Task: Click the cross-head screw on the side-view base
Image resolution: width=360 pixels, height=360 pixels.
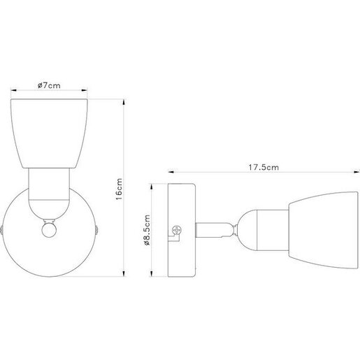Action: pyautogui.click(x=175, y=229)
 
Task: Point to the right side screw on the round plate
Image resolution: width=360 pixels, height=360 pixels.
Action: pyautogui.click(x=94, y=229)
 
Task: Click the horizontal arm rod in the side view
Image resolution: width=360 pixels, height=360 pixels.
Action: pyautogui.click(x=213, y=229)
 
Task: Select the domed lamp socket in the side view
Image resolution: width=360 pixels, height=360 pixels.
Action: pyautogui.click(x=256, y=229)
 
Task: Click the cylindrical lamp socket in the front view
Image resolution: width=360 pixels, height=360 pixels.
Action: pyautogui.click(x=49, y=192)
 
